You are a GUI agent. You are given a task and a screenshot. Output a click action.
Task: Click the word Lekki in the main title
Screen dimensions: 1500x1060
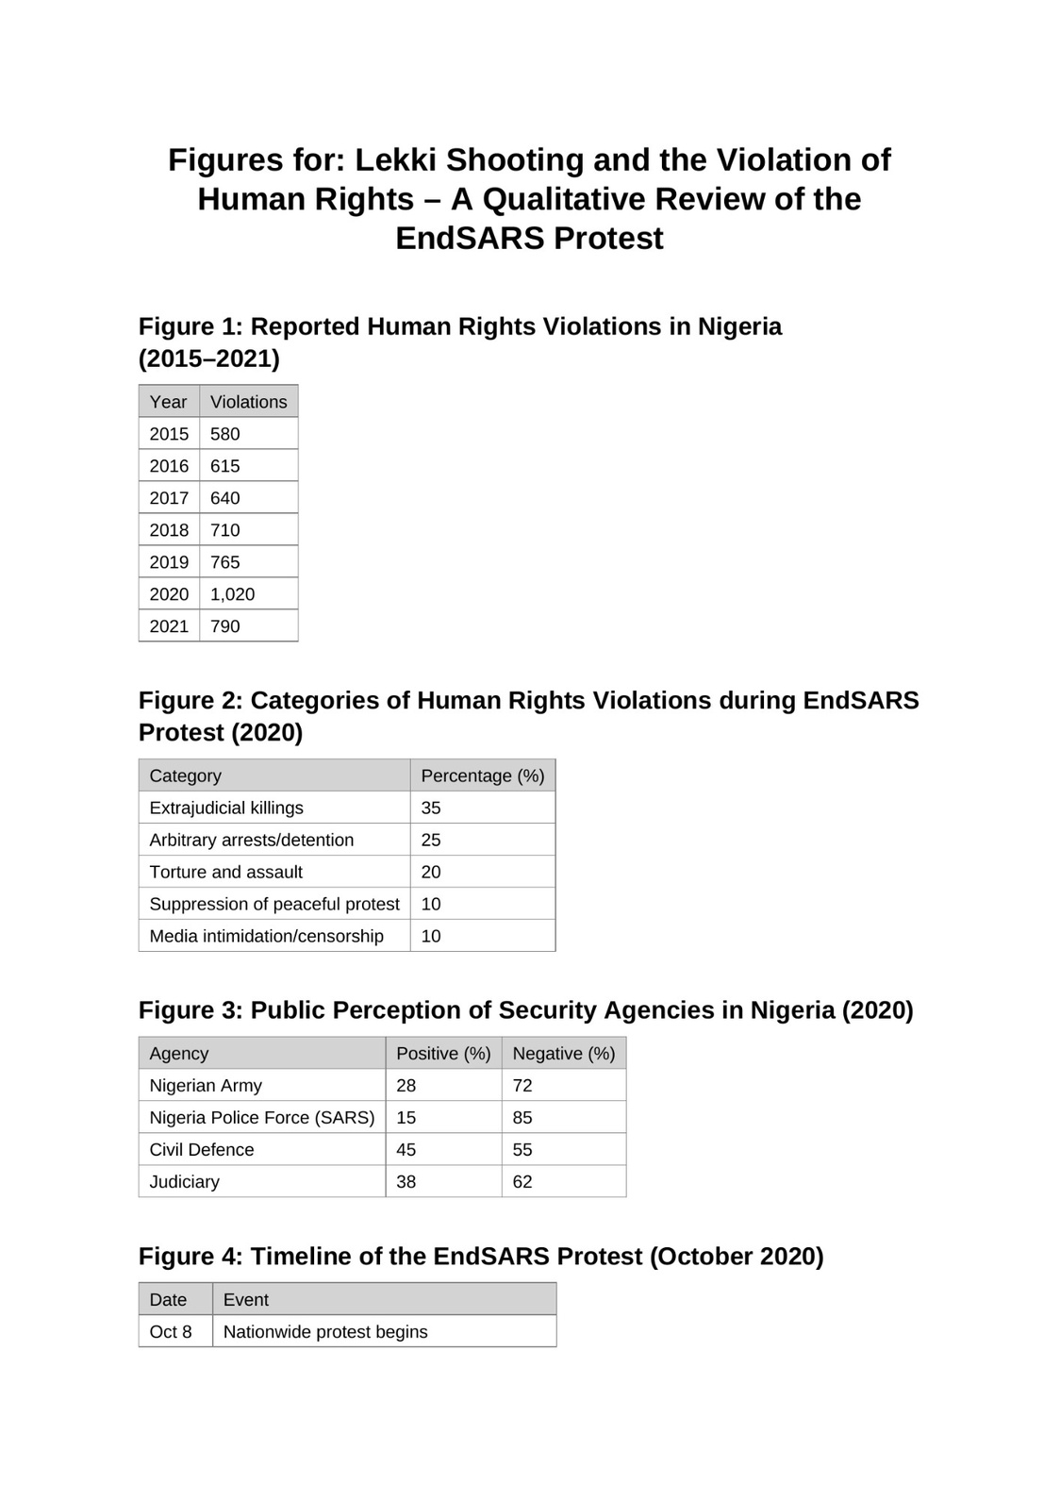pos(395,160)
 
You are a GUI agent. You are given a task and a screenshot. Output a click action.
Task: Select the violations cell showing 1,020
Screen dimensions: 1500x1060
pos(232,594)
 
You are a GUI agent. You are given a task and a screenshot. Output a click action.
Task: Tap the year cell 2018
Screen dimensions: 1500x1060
pos(169,530)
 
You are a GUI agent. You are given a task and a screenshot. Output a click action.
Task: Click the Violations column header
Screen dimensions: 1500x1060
pos(248,402)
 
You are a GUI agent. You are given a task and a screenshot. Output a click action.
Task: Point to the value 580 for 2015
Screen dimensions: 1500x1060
pos(225,434)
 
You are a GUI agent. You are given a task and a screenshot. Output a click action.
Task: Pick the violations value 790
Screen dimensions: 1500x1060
pos(225,626)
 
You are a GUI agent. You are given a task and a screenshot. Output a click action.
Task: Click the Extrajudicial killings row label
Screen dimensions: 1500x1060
pos(226,808)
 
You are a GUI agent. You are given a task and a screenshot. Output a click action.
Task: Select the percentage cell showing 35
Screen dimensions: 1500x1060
pos(431,808)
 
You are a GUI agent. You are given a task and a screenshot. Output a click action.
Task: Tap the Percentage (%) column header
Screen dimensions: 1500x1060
pos(482,775)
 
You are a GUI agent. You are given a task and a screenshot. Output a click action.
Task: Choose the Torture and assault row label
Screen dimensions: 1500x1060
pos(226,872)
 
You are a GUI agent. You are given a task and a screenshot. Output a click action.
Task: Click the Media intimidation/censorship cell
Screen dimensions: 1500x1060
pos(266,936)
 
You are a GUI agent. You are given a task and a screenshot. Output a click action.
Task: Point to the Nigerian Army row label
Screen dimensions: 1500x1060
pos(206,1085)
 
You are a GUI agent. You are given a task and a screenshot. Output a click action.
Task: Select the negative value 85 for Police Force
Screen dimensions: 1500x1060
pos(522,1117)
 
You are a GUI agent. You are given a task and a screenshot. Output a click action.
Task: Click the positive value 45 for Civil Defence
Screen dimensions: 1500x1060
pos(406,1149)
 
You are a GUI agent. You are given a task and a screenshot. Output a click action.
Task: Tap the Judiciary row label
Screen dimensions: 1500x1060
pos(184,1181)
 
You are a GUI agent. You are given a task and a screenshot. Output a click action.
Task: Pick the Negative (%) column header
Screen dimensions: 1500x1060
pos(563,1053)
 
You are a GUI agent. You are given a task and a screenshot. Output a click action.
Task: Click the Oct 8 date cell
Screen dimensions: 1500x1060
pos(171,1331)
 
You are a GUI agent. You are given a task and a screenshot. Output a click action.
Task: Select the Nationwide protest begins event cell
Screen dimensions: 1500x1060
pos(325,1331)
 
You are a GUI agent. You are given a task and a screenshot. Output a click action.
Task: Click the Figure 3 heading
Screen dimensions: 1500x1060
pos(525,1010)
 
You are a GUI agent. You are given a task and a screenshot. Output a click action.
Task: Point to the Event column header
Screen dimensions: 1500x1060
pos(246,1299)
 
